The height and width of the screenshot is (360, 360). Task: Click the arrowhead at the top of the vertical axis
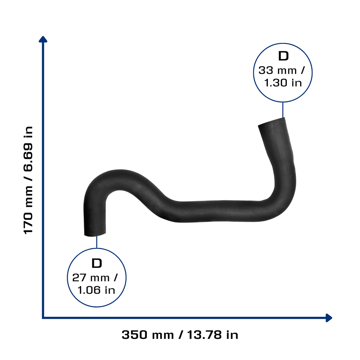point(43,39)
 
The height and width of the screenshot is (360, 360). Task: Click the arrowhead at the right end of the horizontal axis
point(329,318)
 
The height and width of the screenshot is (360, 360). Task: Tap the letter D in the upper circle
point(283,56)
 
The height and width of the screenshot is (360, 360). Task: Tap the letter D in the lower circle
point(97,263)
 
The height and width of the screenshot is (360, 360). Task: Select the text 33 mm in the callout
point(277,70)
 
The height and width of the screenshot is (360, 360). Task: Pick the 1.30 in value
point(283,83)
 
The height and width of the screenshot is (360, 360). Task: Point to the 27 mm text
point(91,278)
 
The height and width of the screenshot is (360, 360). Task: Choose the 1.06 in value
point(96,290)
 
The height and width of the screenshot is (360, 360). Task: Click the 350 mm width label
point(148,335)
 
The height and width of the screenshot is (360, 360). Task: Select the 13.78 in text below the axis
point(213,335)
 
